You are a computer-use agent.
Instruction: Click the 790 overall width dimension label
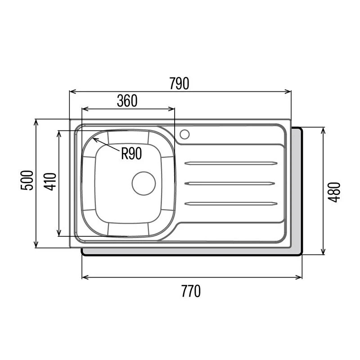point(179,83)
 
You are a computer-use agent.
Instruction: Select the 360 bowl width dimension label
point(127,101)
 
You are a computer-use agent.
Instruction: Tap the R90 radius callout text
point(131,153)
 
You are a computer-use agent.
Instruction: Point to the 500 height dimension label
point(27,180)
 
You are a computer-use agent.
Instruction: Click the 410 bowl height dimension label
point(50,182)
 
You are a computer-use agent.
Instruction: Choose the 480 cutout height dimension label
point(334,192)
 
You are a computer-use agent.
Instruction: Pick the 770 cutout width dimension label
point(191,291)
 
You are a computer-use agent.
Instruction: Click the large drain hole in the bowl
point(144,184)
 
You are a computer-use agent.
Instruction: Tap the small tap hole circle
point(184,134)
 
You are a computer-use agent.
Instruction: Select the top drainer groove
point(231,163)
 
